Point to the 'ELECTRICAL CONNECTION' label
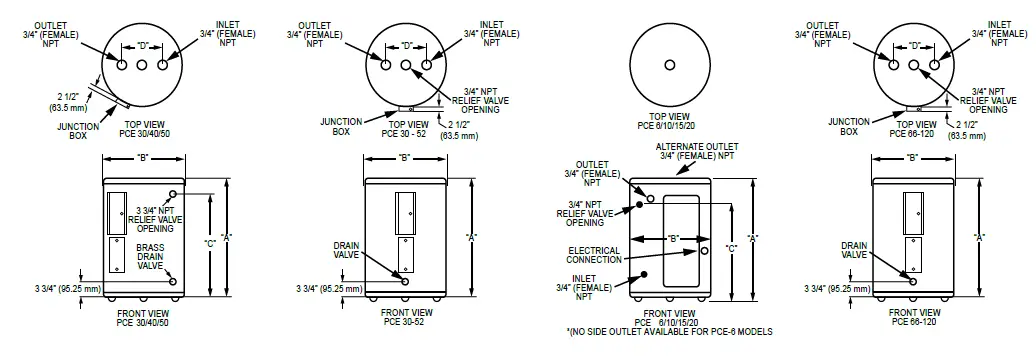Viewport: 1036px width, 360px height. (594, 254)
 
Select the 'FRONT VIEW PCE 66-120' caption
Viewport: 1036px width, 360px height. (912, 318)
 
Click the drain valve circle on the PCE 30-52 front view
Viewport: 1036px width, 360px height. (404, 282)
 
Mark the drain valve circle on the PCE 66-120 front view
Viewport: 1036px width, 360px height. (912, 282)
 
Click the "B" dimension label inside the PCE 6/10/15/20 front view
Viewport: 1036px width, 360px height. (673, 238)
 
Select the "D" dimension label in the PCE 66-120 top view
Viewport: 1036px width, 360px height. (914, 45)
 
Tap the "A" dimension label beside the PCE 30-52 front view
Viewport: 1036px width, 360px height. (470, 237)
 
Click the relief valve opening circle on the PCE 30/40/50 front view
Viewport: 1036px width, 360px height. (174, 194)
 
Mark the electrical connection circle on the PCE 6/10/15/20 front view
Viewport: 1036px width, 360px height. (704, 250)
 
